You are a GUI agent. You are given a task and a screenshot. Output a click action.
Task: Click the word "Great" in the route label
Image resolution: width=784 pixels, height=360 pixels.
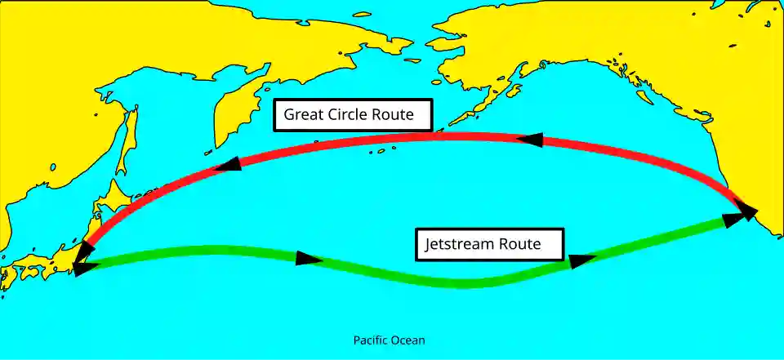tap(302, 115)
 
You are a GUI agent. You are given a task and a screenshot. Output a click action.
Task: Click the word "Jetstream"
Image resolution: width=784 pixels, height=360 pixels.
tap(461, 243)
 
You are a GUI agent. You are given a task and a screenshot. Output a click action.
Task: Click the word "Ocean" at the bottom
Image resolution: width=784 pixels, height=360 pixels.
tap(409, 340)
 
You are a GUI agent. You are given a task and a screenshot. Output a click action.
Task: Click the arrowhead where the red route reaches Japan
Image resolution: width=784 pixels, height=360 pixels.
tap(79, 260)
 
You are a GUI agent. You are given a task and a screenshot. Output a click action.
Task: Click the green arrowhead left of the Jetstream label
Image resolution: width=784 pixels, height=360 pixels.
tap(308, 259)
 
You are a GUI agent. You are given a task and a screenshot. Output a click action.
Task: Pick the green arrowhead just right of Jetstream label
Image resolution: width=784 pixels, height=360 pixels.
tap(581, 260)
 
